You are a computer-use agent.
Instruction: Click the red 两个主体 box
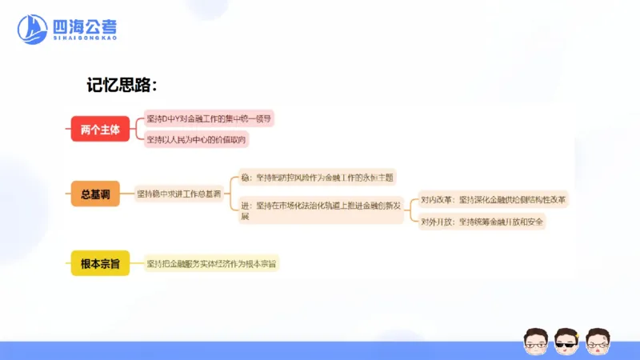[x=100, y=130]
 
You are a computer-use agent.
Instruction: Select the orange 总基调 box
[x=95, y=194]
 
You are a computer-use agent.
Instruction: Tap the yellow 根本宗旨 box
[x=100, y=263]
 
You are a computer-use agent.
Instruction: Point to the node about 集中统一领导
[x=209, y=118]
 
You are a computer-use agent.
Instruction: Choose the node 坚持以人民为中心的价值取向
[x=197, y=140]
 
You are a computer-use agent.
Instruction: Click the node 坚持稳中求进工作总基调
[x=179, y=194]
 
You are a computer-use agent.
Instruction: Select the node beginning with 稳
[x=318, y=177]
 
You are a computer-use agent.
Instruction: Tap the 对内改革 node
[x=493, y=199]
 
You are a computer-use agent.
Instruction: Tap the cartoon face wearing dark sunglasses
[x=566, y=340]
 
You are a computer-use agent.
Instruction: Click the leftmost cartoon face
[x=534, y=340]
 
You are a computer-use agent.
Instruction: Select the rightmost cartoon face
[x=597, y=340]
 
